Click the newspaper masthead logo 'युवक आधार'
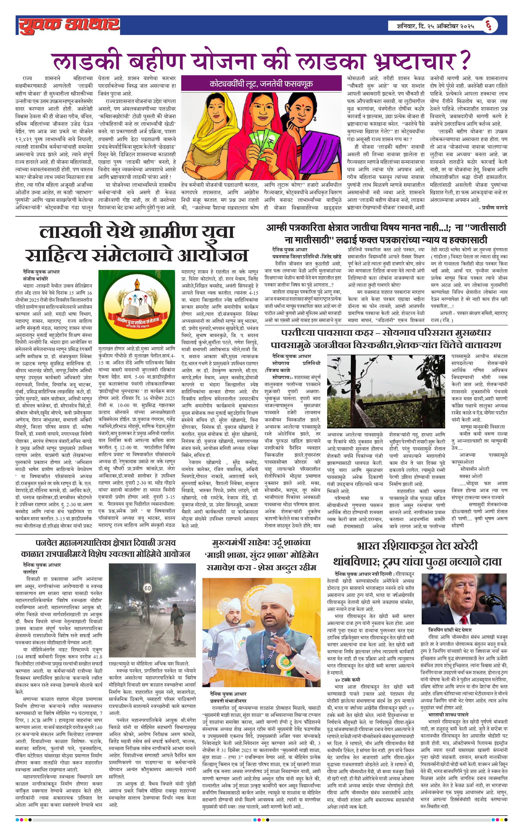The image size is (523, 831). (x=69, y=25)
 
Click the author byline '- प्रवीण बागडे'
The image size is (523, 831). (x=493, y=207)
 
